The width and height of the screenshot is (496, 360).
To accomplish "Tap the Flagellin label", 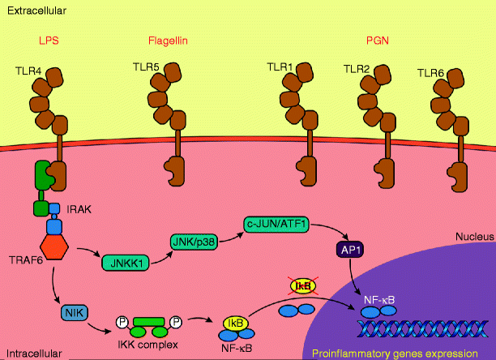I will pyautogui.click(x=168, y=40).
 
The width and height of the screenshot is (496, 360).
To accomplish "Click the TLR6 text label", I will pyautogui.click(x=430, y=72).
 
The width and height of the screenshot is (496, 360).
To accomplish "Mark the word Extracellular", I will pyautogui.click(x=36, y=11).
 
